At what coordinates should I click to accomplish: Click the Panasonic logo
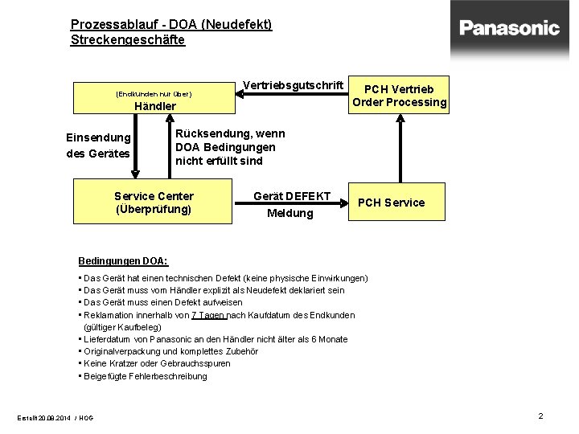point(510,28)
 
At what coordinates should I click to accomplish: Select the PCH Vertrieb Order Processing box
point(400,95)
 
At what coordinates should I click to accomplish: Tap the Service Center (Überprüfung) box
point(154,202)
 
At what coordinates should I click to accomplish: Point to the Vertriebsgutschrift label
point(293,85)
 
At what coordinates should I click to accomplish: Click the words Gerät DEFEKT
point(291,196)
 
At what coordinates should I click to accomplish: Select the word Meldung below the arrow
point(289,213)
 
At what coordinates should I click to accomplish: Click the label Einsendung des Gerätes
point(98,145)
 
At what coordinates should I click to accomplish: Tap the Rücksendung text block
point(229,147)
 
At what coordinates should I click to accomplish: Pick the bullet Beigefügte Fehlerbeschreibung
point(145,376)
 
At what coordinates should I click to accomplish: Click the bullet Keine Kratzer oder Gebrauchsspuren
point(157,363)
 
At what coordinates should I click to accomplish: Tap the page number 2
point(540,416)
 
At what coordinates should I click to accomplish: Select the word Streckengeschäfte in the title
point(127,39)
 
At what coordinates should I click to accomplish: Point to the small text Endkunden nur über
point(154,94)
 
